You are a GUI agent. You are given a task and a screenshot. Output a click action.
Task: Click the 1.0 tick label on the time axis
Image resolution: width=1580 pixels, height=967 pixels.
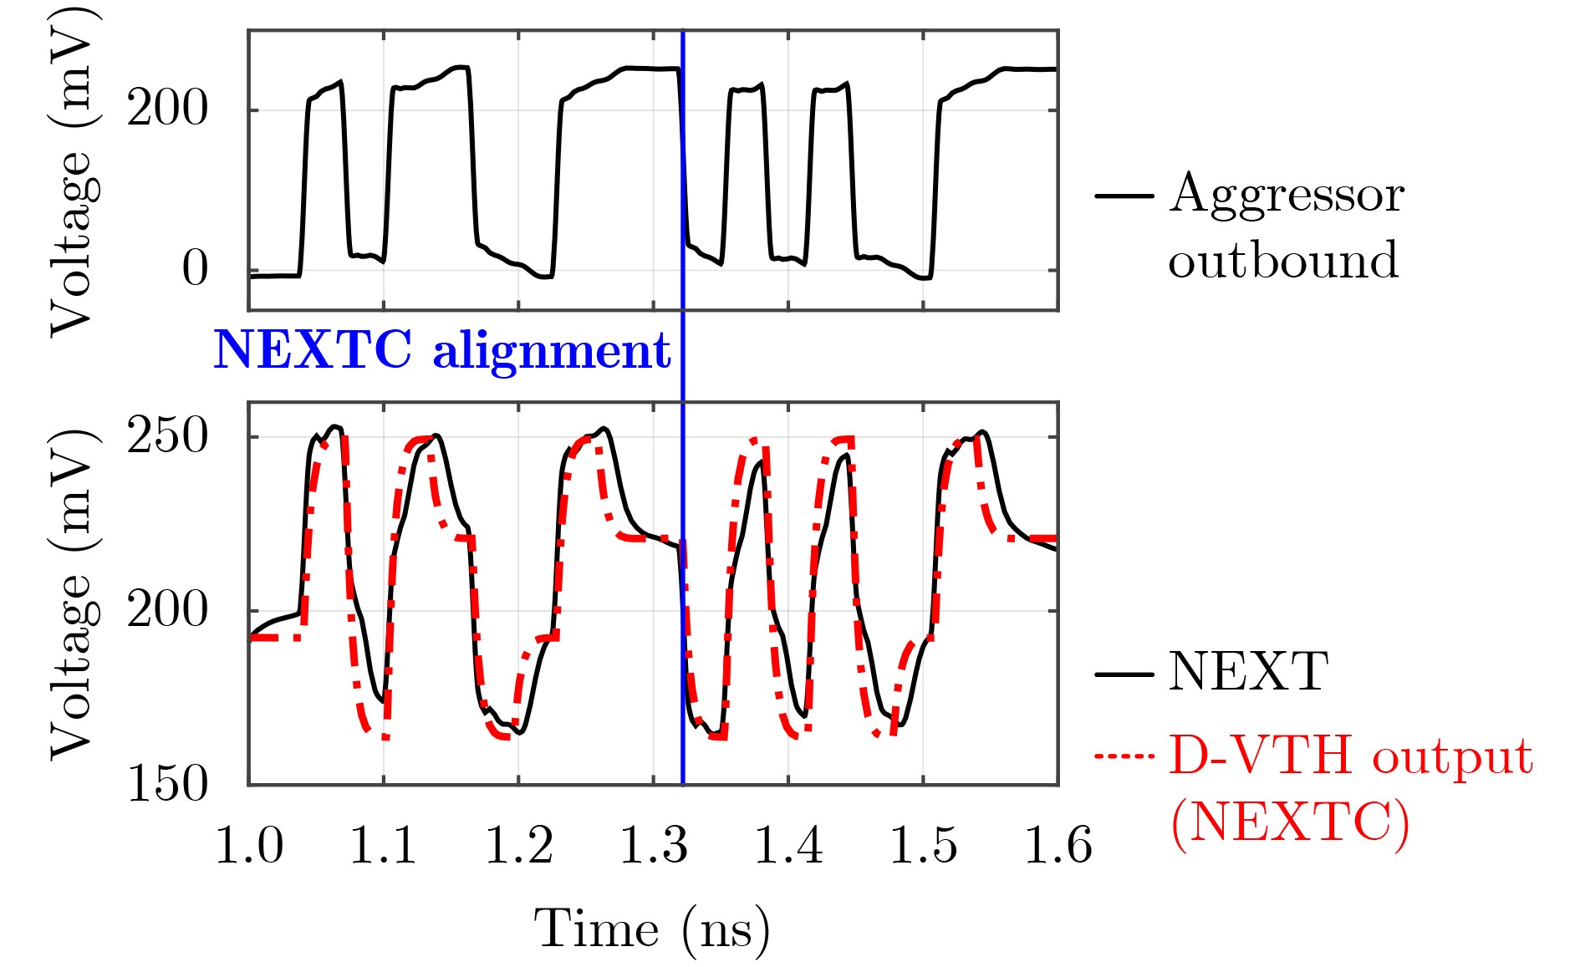point(249,845)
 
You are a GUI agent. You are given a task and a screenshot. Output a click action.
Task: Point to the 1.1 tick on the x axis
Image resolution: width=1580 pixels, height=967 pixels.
point(383,845)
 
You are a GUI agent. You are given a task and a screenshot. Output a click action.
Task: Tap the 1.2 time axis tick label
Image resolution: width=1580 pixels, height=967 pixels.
point(518,845)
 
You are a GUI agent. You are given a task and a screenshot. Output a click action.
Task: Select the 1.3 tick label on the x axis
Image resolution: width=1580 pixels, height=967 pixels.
point(653,845)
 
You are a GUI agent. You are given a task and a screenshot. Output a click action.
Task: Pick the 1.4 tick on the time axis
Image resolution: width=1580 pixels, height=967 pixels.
point(788,845)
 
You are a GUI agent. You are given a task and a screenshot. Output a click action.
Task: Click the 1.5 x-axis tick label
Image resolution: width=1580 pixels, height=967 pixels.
point(923,845)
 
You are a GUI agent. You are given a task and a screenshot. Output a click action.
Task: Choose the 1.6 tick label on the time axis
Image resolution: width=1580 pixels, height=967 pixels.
point(1058,845)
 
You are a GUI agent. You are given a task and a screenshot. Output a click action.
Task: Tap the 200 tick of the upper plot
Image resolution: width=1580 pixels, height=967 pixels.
point(167,109)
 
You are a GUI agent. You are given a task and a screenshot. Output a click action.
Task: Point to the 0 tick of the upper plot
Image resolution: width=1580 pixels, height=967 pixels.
point(195,269)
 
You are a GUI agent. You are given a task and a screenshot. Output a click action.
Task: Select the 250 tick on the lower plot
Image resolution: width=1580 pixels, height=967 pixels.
point(167,436)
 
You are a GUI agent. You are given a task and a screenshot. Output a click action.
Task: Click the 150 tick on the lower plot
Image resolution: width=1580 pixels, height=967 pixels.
point(167,784)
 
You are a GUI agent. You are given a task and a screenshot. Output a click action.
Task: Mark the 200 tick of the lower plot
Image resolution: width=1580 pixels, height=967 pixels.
point(167,610)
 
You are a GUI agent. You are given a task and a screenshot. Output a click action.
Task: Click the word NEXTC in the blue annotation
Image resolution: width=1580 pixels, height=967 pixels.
point(313,349)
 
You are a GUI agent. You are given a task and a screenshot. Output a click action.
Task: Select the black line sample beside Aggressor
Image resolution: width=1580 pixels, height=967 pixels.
point(1124,196)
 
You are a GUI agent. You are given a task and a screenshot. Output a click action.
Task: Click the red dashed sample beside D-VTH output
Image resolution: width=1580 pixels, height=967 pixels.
point(1124,756)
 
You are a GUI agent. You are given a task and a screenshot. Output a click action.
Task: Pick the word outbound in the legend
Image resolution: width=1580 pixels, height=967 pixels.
point(1283,260)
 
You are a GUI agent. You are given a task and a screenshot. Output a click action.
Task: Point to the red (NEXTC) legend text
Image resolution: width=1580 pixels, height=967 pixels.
point(1290,823)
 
